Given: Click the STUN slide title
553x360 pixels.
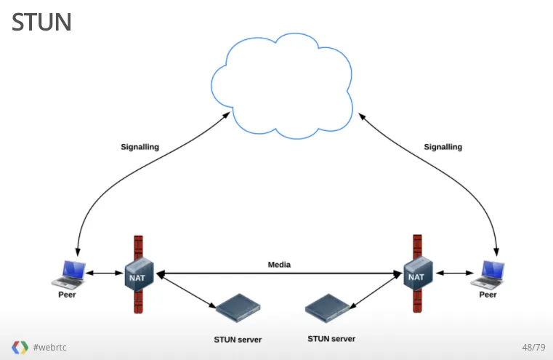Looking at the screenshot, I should tap(41, 22).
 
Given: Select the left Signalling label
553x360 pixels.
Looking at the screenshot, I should tap(140, 147).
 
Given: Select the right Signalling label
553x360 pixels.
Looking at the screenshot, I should tap(443, 147).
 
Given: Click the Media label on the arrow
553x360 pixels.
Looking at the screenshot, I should tap(279, 265).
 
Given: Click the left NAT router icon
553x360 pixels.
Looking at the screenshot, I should tap(137, 275).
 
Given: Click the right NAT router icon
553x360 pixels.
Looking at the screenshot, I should tap(416, 275).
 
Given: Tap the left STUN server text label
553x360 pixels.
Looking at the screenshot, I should tap(238, 340).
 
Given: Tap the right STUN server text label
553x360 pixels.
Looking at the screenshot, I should tap(332, 339).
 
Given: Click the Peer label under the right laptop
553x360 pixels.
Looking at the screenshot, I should tap(488, 295).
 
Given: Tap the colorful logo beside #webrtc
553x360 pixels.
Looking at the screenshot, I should tap(20, 347).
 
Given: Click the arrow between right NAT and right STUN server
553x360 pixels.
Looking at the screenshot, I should tap(377, 292).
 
